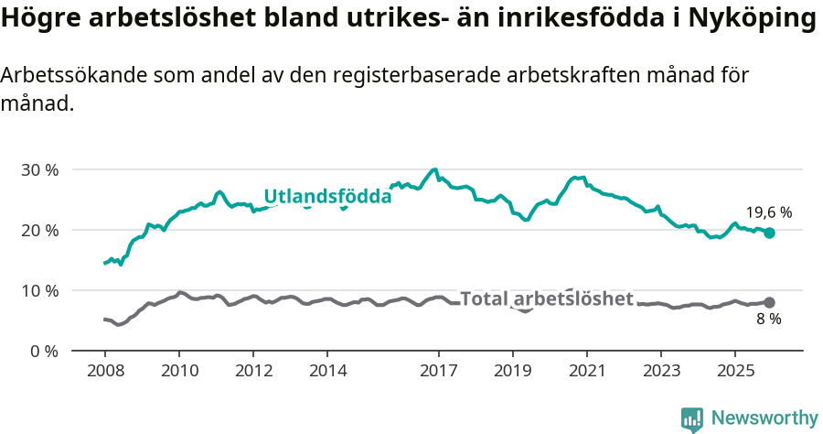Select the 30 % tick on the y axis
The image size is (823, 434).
[39, 169]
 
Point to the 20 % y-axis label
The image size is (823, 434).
[39, 230]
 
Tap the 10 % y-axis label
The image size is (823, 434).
[39, 290]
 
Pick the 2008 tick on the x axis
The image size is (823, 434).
[105, 371]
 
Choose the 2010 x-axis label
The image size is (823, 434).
[179, 371]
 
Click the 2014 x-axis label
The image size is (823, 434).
[327, 371]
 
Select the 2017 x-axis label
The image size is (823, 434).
[438, 371]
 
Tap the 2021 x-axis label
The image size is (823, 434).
[586, 371]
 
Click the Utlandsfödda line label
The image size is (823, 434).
[327, 196]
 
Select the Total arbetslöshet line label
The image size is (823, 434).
[546, 298]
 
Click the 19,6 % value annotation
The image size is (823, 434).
[769, 212]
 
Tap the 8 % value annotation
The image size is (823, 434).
[769, 320]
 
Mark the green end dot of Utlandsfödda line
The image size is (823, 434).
[770, 233]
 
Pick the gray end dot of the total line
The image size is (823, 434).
[770, 302]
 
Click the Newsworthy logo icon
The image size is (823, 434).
[692, 419]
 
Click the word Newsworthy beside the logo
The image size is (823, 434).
[764, 418]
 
